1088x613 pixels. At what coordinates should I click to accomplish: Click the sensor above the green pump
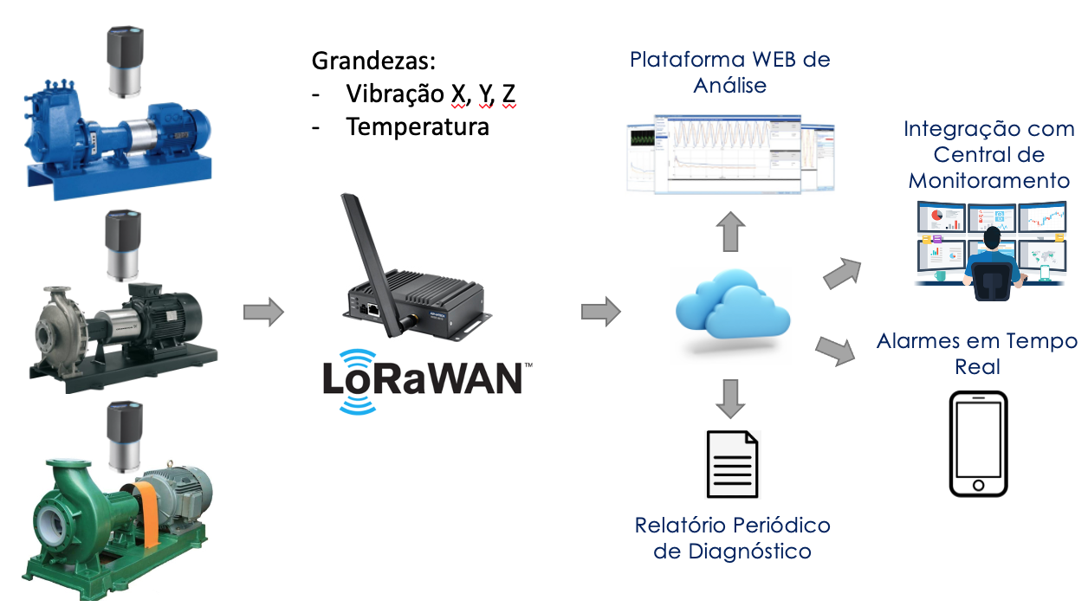coord(125,433)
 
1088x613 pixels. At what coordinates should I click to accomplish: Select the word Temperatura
coord(418,127)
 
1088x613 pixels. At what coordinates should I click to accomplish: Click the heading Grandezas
coord(373,62)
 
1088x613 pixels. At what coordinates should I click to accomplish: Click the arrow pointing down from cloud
coord(731,398)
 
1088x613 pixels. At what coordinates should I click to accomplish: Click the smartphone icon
coord(978,443)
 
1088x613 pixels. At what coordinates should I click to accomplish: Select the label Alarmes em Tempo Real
coord(977,353)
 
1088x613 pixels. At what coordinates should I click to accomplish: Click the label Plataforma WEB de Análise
coord(729,73)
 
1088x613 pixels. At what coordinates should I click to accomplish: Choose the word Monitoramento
coord(988,181)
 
